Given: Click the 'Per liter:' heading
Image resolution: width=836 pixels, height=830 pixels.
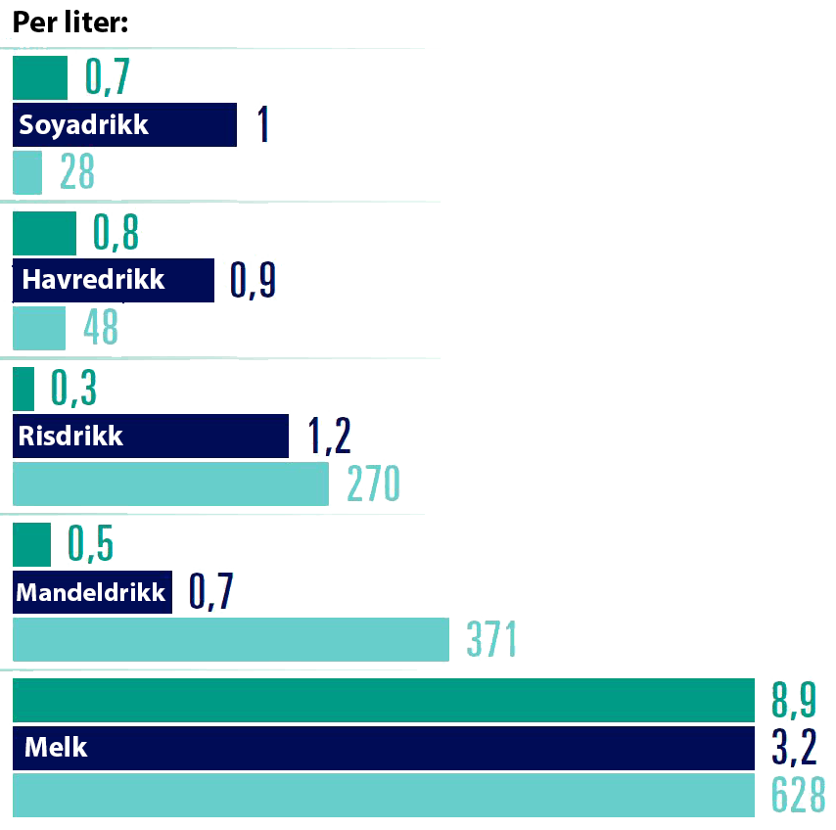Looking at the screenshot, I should pos(70,22).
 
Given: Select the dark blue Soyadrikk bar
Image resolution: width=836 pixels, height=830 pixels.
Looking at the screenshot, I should pos(124,125).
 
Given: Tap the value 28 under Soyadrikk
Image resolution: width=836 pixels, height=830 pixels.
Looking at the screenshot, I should pos(77,173).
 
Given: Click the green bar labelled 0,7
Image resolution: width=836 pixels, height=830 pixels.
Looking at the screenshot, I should pos(40,78).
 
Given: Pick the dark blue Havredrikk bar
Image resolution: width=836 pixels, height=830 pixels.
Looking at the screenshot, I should pos(113,280).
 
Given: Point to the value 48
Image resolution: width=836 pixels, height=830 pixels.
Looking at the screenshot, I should pos(102,328).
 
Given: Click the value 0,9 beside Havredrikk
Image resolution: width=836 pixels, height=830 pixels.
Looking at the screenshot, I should pos(254,280).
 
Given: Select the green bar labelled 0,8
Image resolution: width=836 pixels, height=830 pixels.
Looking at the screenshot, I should pos(44,233).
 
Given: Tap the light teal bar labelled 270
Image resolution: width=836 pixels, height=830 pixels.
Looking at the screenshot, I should pos(170,484).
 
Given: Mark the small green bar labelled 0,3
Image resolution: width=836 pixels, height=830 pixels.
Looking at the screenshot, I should pos(24,389).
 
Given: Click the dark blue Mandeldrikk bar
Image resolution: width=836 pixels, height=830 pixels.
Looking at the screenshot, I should pos(92,593).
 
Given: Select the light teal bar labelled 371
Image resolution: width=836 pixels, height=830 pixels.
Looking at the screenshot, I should pos(230,640).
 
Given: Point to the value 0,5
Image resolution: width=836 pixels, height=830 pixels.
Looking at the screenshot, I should pos(90,545).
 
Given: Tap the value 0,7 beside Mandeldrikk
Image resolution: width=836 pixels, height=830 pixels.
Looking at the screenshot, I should pos(211,593).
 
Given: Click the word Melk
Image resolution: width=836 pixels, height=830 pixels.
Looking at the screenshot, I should pos(56,749).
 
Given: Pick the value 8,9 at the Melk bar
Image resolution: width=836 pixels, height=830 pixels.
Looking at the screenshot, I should pos(793,701).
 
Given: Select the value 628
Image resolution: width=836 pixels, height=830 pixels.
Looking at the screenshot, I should pos(798,796).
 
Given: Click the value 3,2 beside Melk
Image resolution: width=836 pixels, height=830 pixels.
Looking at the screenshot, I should pos(793,749).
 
